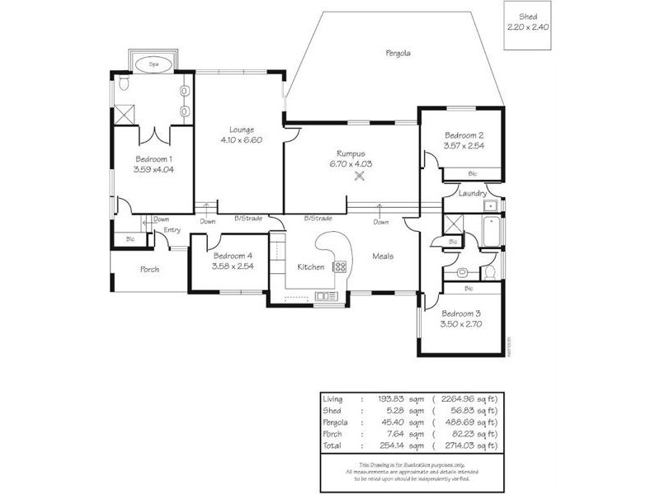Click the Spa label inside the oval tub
coord(153,64)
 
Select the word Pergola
coord(398,53)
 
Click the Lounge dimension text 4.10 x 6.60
coord(241,140)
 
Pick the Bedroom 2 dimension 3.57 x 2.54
coord(464,146)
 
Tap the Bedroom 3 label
coord(461,313)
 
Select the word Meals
coord(382,256)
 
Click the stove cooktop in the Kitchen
coord(339,266)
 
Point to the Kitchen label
coord(310,266)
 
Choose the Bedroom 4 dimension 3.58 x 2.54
coord(231,266)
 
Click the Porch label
coord(149,269)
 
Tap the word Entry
coord(172,230)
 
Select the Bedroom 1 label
coord(153,158)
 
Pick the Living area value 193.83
coord(389,398)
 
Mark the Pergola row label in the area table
coord(334,421)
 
